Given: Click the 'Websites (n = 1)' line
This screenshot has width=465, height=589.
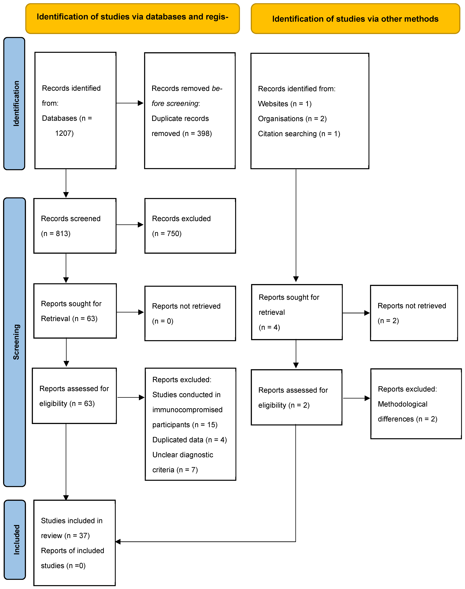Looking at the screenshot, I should point(284,104).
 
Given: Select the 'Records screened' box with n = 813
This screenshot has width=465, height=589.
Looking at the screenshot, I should point(75,226).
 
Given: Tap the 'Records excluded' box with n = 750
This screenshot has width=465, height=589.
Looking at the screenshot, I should point(190,226).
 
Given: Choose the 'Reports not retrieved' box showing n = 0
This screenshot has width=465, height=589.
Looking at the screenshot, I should point(190,313).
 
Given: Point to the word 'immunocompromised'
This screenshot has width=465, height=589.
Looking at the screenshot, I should point(187,410).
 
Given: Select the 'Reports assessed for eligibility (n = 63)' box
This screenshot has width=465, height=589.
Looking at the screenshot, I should point(74,396).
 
